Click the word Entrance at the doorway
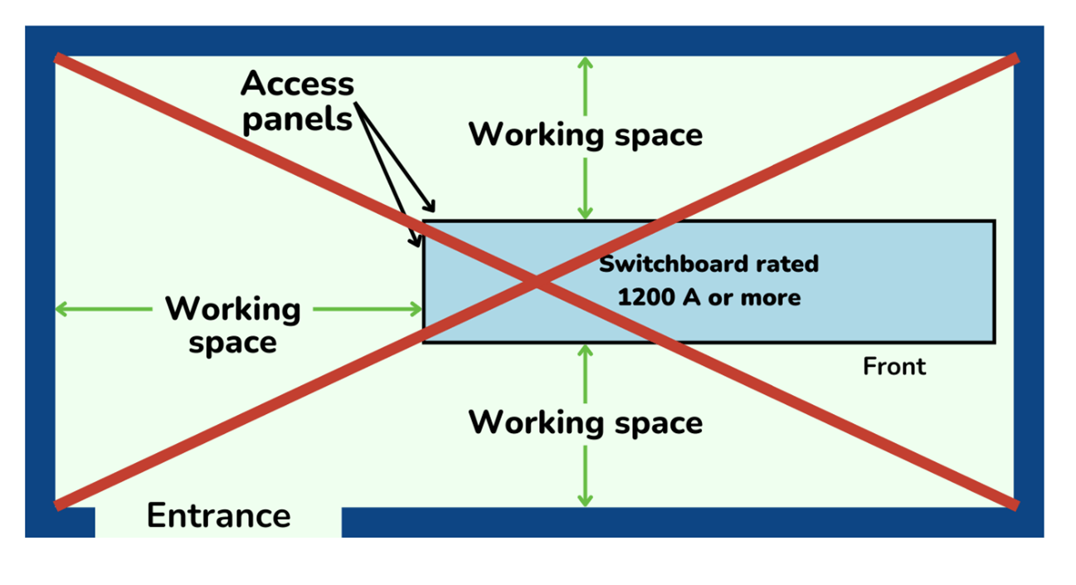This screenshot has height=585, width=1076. click(x=218, y=516)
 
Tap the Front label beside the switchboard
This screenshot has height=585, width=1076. click(x=893, y=366)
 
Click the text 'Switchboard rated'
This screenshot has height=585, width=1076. click(x=708, y=264)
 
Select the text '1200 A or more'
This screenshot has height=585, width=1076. click(x=708, y=297)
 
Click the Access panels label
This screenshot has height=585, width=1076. click(x=297, y=101)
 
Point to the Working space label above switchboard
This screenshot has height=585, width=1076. click(x=585, y=134)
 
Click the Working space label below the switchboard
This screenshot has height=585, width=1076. click(x=585, y=422)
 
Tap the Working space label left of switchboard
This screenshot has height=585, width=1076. click(x=232, y=324)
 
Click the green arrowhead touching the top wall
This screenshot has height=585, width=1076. click(x=586, y=63)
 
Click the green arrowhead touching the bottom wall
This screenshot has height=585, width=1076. click(x=586, y=500)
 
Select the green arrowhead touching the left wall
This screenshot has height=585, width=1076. click(x=61, y=310)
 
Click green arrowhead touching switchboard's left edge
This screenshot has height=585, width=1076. click(x=416, y=310)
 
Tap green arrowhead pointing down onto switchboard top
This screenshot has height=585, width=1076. click(x=586, y=213)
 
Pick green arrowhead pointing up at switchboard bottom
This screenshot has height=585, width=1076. click(x=586, y=350)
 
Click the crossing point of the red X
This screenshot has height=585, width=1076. click(x=537, y=282)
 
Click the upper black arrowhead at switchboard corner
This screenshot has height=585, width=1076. click(x=429, y=206)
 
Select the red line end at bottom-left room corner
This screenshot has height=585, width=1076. click(x=58, y=503)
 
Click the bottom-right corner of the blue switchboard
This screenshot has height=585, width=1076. click(x=994, y=342)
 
